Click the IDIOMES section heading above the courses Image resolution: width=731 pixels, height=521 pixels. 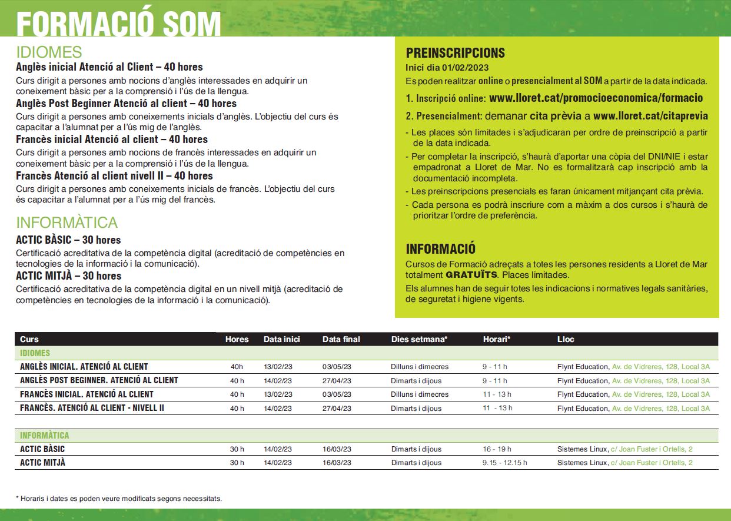click(49, 52)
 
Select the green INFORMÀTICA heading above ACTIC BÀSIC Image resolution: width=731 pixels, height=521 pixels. click(67, 223)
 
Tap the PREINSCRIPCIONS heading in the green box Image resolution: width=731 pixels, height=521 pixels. click(455, 53)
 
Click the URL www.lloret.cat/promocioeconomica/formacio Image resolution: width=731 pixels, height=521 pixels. click(596, 98)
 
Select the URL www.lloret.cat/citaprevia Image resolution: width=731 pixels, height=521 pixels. click(650, 116)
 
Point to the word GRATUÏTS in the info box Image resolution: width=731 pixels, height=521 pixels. click(470, 275)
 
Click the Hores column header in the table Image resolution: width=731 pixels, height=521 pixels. click(237, 339)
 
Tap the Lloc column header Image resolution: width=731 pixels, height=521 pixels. click(566, 339)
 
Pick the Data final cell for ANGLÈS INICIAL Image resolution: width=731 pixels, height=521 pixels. click(337, 367)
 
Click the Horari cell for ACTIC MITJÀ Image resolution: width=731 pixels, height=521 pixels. click(504, 463)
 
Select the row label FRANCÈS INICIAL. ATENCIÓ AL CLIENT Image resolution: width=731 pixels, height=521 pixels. click(87, 394)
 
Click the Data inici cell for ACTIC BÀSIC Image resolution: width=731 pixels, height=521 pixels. click(278, 449)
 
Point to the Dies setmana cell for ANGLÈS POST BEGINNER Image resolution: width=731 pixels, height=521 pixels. click(416, 381)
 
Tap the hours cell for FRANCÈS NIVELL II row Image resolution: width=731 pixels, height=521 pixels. click(237, 409)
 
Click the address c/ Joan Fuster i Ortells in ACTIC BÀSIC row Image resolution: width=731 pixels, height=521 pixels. click(652, 449)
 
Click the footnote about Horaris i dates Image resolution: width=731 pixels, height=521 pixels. click(119, 499)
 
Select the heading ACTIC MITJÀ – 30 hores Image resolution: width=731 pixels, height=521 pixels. click(68, 276)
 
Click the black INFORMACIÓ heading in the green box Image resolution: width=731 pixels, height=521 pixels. click(440, 248)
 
